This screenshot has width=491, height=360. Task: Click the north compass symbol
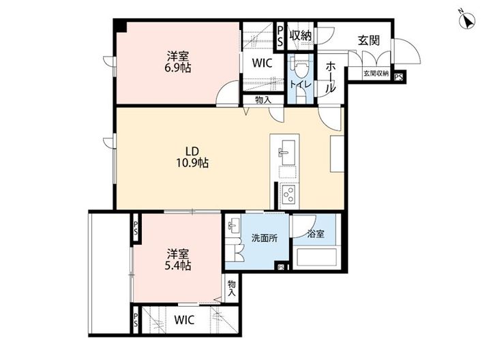(x=467, y=22)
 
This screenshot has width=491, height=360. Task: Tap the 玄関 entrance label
(x=369, y=40)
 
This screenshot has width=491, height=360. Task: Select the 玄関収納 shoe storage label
(x=376, y=74)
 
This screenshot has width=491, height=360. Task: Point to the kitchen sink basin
(x=288, y=152)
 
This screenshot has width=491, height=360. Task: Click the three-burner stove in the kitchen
(x=288, y=194)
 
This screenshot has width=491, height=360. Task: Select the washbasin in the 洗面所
(x=233, y=226)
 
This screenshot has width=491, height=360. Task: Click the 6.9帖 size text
(x=177, y=68)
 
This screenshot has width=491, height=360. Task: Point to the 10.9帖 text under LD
(x=192, y=163)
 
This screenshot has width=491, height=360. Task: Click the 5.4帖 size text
(x=177, y=265)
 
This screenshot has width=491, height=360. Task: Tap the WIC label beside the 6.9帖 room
(x=263, y=63)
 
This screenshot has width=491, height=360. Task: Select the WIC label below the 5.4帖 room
(x=184, y=320)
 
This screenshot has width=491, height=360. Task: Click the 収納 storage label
(x=301, y=35)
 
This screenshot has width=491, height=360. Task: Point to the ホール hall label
(x=331, y=77)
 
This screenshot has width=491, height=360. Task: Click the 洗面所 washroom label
(x=265, y=238)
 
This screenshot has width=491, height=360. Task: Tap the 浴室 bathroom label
(x=316, y=234)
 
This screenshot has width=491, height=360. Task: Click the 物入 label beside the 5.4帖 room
(x=232, y=288)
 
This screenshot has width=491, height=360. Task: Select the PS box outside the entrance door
(x=398, y=77)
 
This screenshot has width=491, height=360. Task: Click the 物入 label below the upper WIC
(x=263, y=100)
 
